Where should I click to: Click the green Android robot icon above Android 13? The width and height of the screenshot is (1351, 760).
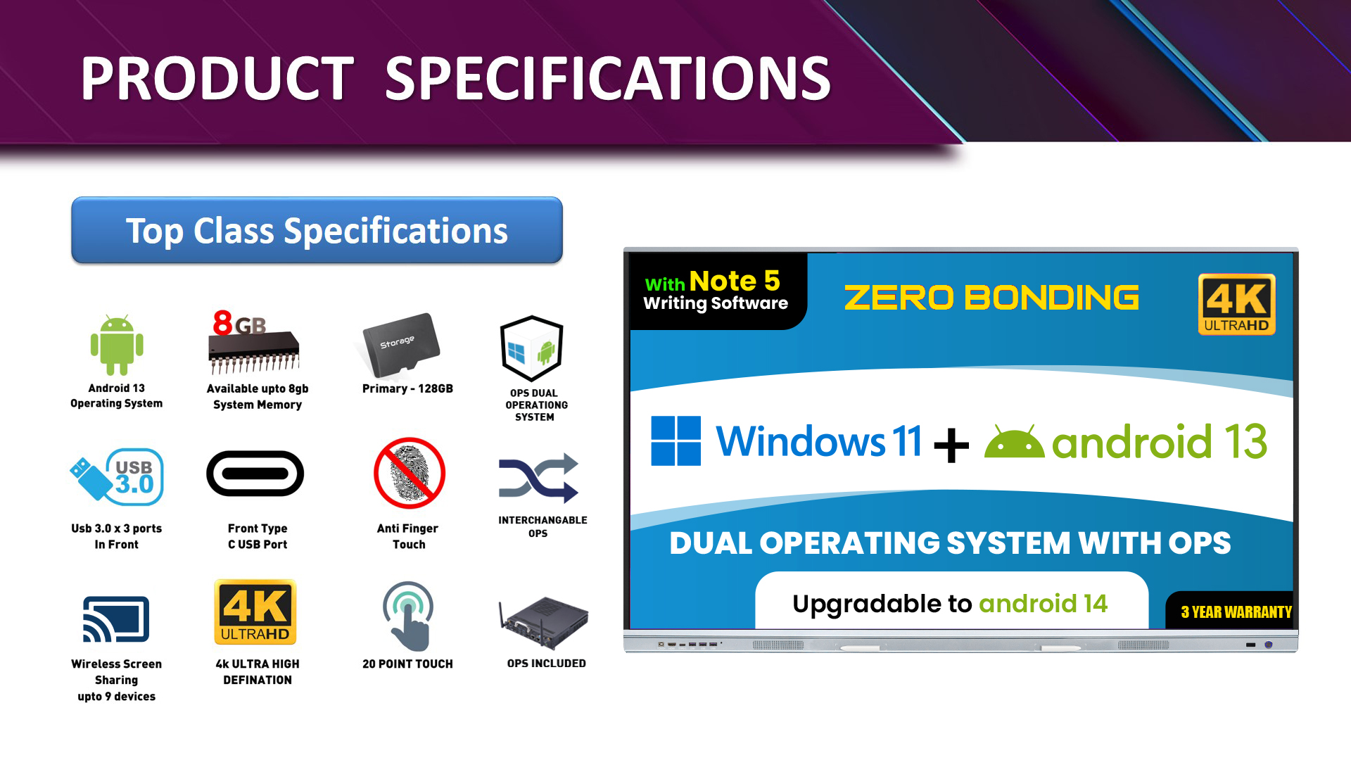coord(117,345)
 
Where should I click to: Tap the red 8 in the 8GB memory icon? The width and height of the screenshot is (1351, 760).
coord(223,323)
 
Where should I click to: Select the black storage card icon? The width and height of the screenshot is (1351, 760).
coord(401,345)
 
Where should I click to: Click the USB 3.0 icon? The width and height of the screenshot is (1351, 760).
coord(117,477)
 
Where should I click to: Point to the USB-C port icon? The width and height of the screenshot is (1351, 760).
coord(255,474)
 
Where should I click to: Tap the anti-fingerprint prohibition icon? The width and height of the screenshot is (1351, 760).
coord(409,473)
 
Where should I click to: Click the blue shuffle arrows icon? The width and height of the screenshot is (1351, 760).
coord(538,478)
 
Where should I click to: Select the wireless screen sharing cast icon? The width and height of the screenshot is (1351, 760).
coord(116,619)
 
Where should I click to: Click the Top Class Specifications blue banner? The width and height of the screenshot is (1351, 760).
coord(317,230)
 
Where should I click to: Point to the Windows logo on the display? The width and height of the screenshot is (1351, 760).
coord(675,441)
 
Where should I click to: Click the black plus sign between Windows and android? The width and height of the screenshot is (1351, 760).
coord(952,445)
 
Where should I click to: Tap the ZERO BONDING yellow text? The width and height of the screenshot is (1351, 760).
coord(991,298)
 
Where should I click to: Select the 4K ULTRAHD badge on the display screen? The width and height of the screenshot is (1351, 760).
coord(1237,304)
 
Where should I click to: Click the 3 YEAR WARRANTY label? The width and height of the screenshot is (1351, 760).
coord(1236,612)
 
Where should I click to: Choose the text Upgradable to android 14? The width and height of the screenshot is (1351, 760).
coord(950,604)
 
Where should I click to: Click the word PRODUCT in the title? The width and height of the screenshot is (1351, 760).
coord(217,78)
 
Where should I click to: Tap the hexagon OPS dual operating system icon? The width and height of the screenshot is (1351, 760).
coord(532,348)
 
